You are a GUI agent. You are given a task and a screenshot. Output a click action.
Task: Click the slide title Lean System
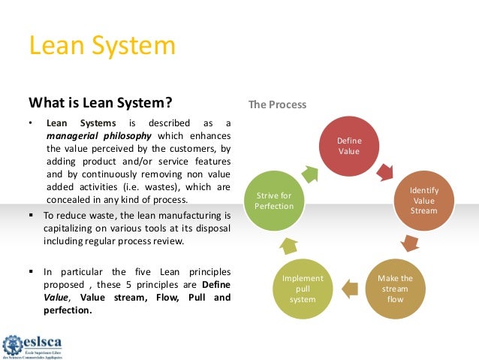click(x=102, y=47)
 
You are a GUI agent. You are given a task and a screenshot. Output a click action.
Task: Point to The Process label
click(x=277, y=104)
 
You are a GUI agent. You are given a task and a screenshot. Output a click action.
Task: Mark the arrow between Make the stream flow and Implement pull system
click(x=348, y=286)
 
